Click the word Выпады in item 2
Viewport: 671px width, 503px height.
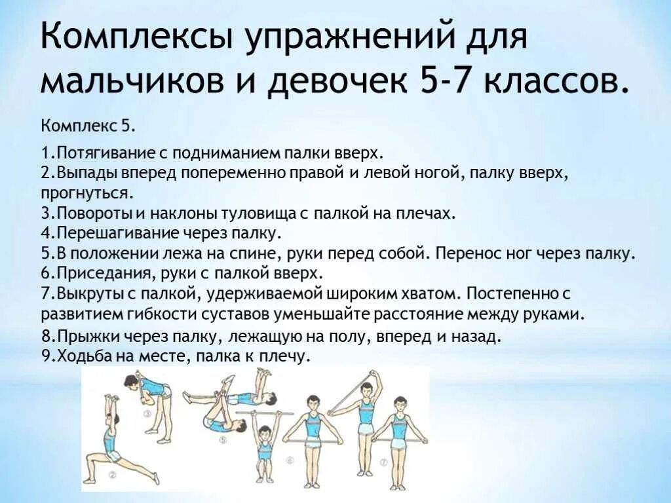81,174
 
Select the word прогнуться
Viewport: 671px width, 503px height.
87,193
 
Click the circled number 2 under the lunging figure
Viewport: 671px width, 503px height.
112,474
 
